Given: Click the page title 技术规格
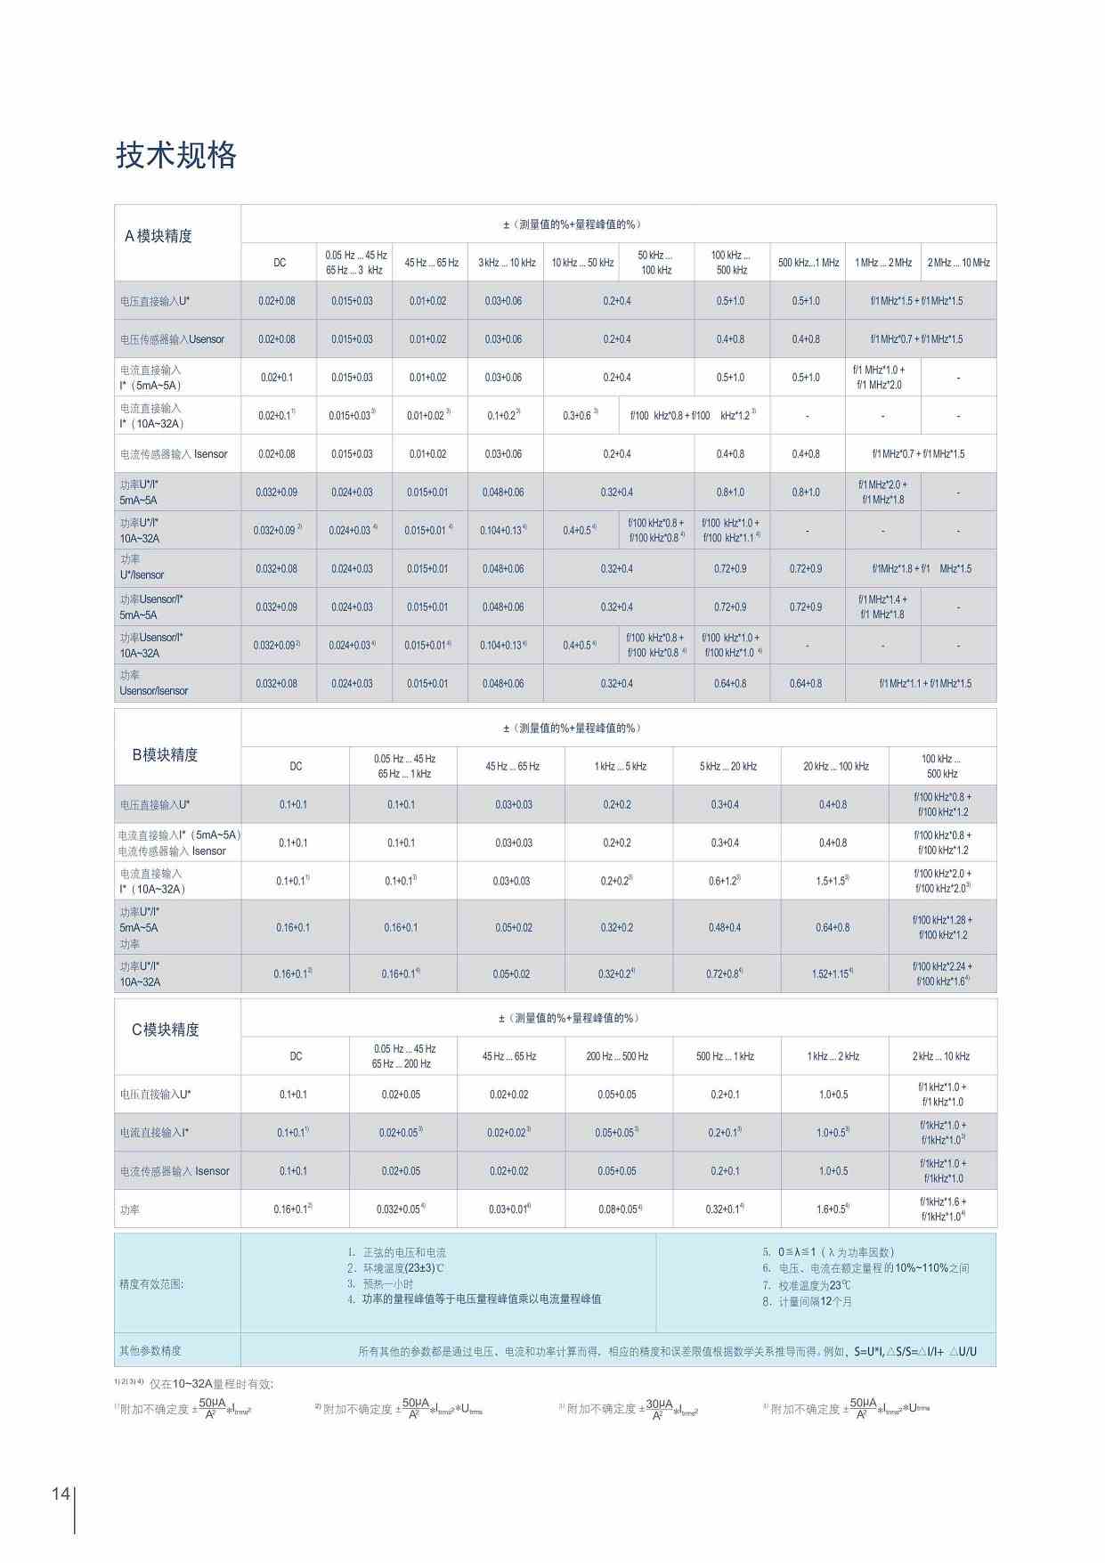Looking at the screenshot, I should (x=176, y=156).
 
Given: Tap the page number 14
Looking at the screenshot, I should (x=61, y=1494).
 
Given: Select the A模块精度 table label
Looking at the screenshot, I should (x=158, y=236).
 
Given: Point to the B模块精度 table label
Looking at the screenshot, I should (x=165, y=754).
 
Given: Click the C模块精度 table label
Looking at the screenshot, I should (x=166, y=1030).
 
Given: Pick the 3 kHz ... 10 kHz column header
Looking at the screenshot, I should (x=507, y=263).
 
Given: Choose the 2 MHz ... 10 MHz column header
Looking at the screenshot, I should (x=958, y=263).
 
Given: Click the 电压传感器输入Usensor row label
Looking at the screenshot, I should (x=172, y=339).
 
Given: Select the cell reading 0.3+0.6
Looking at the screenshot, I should (x=581, y=416).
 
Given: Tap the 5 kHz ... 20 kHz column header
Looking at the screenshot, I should (x=727, y=766).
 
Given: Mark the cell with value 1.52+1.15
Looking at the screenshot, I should (x=833, y=974).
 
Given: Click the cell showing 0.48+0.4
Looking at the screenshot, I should (x=725, y=927).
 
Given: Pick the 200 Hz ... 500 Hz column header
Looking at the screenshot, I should (x=617, y=1056).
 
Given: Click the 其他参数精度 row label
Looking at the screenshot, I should (x=150, y=1351).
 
